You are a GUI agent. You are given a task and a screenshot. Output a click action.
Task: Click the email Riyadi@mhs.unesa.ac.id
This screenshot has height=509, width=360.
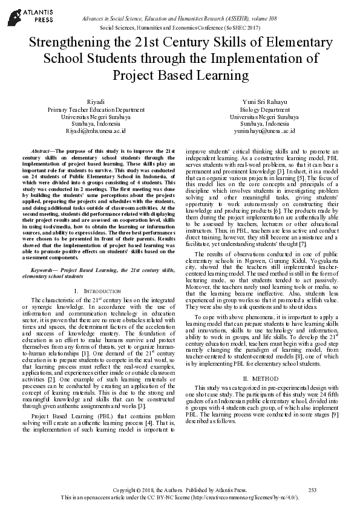(x=96, y=130)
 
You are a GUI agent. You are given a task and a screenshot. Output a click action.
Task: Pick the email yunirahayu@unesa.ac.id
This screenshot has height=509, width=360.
(x=264, y=130)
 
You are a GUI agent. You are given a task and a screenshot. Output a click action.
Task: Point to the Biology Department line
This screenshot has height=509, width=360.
(x=264, y=110)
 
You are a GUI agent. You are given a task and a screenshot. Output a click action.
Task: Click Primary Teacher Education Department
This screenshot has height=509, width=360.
(x=96, y=110)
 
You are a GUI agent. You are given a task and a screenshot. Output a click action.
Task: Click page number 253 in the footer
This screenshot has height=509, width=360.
(x=313, y=488)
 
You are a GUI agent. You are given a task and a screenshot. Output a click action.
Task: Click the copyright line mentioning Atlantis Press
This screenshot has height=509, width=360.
(x=180, y=488)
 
